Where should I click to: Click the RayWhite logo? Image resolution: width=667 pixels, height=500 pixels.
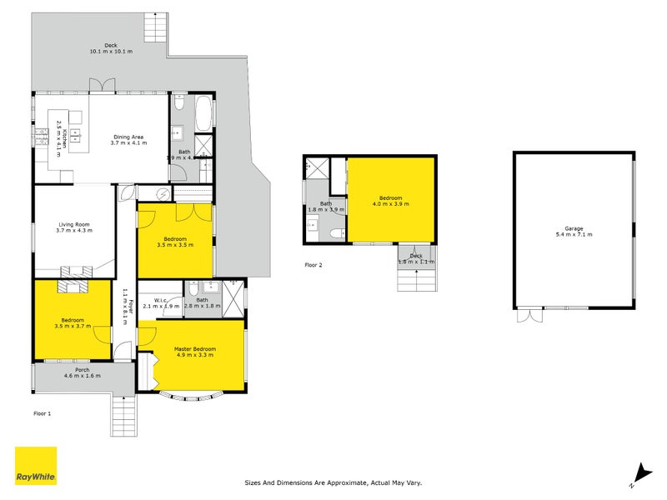point(36,466)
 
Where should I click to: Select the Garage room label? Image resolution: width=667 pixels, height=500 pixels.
point(573,232)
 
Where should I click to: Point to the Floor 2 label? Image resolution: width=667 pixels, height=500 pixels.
point(313,266)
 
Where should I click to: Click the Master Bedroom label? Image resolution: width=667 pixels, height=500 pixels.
point(195,352)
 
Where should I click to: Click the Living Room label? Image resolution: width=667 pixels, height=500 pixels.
point(73,227)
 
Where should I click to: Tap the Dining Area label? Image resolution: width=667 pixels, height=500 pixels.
point(128,139)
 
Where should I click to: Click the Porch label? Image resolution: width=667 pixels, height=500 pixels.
point(82,373)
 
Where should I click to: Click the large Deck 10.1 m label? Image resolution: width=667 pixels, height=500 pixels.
point(110,48)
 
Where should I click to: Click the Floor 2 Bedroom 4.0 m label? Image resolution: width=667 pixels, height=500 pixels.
point(391,200)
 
